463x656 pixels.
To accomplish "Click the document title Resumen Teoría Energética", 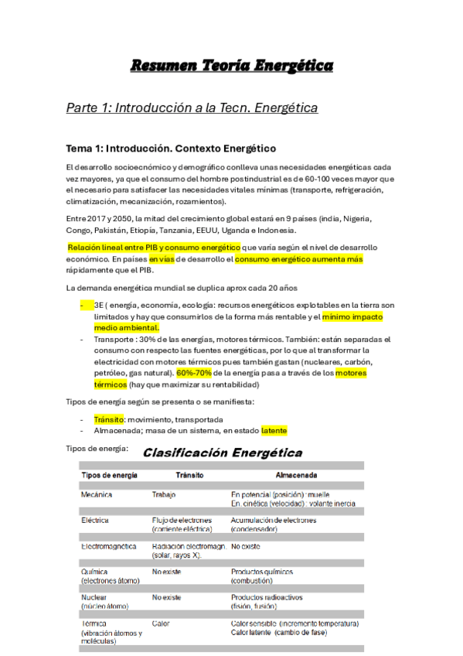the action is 231,66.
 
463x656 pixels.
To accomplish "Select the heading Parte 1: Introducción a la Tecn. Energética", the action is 192,108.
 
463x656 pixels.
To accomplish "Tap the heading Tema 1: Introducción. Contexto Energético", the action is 171,148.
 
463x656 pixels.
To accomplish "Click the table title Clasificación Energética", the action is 223,453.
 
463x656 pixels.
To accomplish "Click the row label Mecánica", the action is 97,494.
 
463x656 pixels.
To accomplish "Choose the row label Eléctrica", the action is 95,520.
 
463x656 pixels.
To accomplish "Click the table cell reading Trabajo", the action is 165,494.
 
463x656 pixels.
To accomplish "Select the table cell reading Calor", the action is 161,623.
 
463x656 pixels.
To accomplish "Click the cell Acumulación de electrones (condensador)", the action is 273,524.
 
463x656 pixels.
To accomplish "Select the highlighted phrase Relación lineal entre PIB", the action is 115,248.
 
